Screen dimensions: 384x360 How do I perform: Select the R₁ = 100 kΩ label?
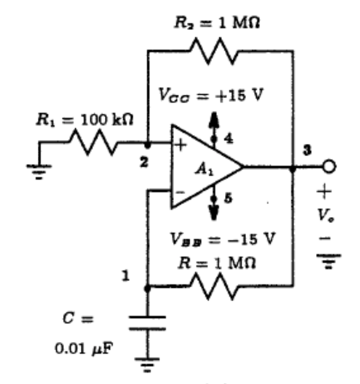pyautogui.click(x=84, y=121)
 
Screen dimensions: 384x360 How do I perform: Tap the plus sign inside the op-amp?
pyautogui.click(x=180, y=145)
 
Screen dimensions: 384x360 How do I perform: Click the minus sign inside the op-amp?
pyautogui.click(x=179, y=191)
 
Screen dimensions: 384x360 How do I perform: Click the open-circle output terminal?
pyautogui.click(x=329, y=167)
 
